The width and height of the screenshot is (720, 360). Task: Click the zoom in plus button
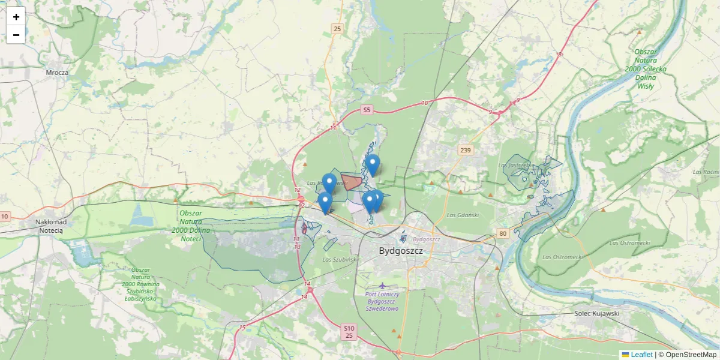[x=16, y=17]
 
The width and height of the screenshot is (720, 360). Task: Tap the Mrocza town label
[x=58, y=73]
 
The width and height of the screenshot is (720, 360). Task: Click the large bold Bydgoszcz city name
[x=401, y=251]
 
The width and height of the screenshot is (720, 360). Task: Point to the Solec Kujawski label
[x=596, y=313]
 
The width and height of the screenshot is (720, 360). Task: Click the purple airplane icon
[x=383, y=285]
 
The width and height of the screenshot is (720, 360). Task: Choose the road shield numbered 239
[x=465, y=149]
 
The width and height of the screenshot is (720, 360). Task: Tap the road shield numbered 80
[x=502, y=233]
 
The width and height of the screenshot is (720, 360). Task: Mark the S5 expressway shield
[x=367, y=110]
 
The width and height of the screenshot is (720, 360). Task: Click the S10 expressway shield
[x=349, y=328]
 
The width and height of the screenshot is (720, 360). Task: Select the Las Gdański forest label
[x=463, y=215]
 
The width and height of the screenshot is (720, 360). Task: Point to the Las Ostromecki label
[x=630, y=243]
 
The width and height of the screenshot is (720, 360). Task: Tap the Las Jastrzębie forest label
[x=515, y=165]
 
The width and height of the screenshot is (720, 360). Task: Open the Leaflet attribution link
[x=641, y=355]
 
